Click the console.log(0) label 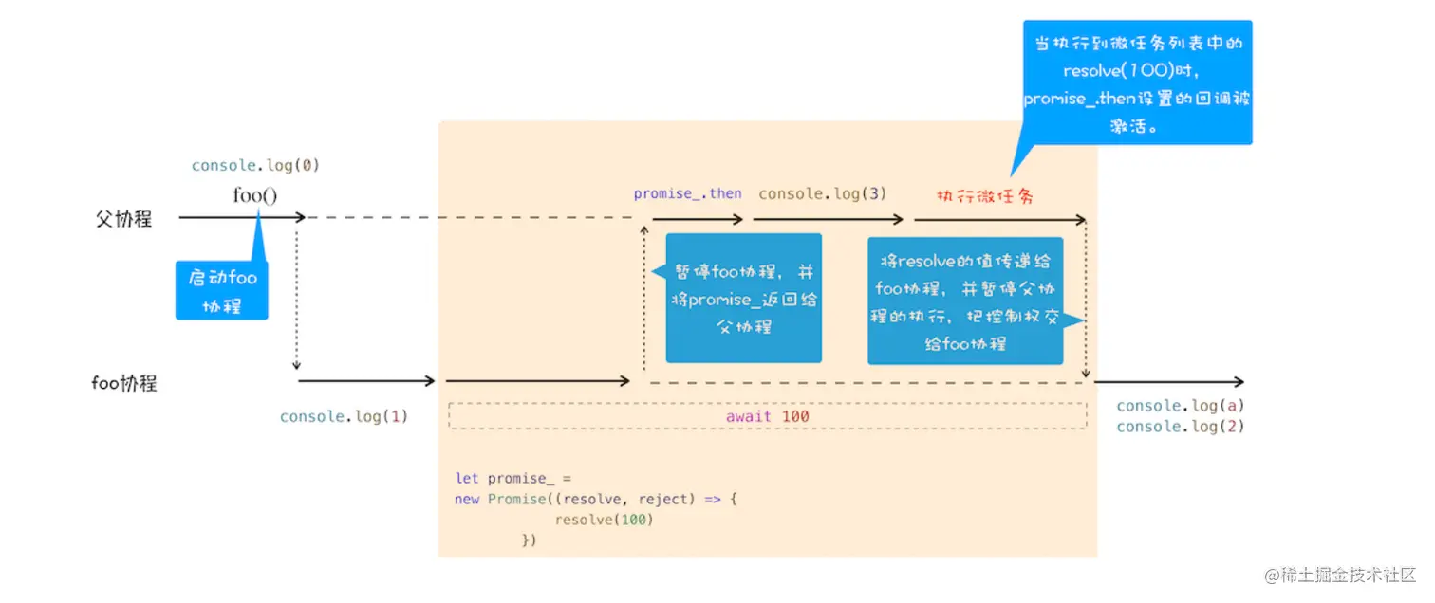(x=255, y=165)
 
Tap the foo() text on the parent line (x=255, y=196)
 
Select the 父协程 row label (x=123, y=218)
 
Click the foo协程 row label (x=123, y=383)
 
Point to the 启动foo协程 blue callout (x=222, y=290)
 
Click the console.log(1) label (x=344, y=416)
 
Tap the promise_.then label (x=687, y=193)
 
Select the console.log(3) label (x=822, y=193)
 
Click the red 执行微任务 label (x=984, y=196)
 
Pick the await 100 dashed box (x=767, y=416)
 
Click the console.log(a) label (x=1180, y=406)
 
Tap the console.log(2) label (x=1180, y=427)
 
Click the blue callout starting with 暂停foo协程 (x=743, y=298)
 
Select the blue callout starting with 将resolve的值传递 (x=964, y=301)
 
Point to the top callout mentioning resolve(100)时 (x=1137, y=83)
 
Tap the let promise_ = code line (x=513, y=478)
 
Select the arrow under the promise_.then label (x=698, y=219)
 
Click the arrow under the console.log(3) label (x=828, y=219)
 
